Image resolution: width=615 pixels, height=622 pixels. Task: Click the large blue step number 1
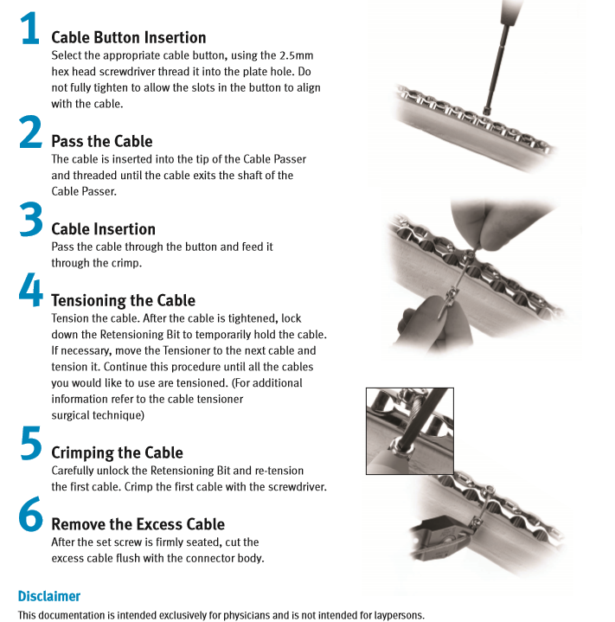tap(30, 28)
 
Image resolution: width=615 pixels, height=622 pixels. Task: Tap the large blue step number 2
tap(30, 131)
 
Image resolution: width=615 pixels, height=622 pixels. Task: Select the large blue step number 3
tap(31, 219)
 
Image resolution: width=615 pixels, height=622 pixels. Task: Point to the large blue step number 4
tap(31, 290)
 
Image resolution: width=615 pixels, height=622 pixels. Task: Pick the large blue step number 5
tap(31, 443)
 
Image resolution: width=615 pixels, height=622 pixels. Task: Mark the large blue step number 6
tap(31, 514)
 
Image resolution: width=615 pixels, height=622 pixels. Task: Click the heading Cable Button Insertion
tap(129, 38)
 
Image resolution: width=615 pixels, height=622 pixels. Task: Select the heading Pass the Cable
tap(102, 141)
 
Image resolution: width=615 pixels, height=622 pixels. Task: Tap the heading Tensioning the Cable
tap(123, 301)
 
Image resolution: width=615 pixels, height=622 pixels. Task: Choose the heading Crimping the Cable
tap(117, 453)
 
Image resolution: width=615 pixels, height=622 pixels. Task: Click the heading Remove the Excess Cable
tap(138, 524)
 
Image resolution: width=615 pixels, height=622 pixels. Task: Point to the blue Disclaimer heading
tap(49, 596)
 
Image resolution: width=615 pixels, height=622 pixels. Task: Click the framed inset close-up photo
tap(410, 431)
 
